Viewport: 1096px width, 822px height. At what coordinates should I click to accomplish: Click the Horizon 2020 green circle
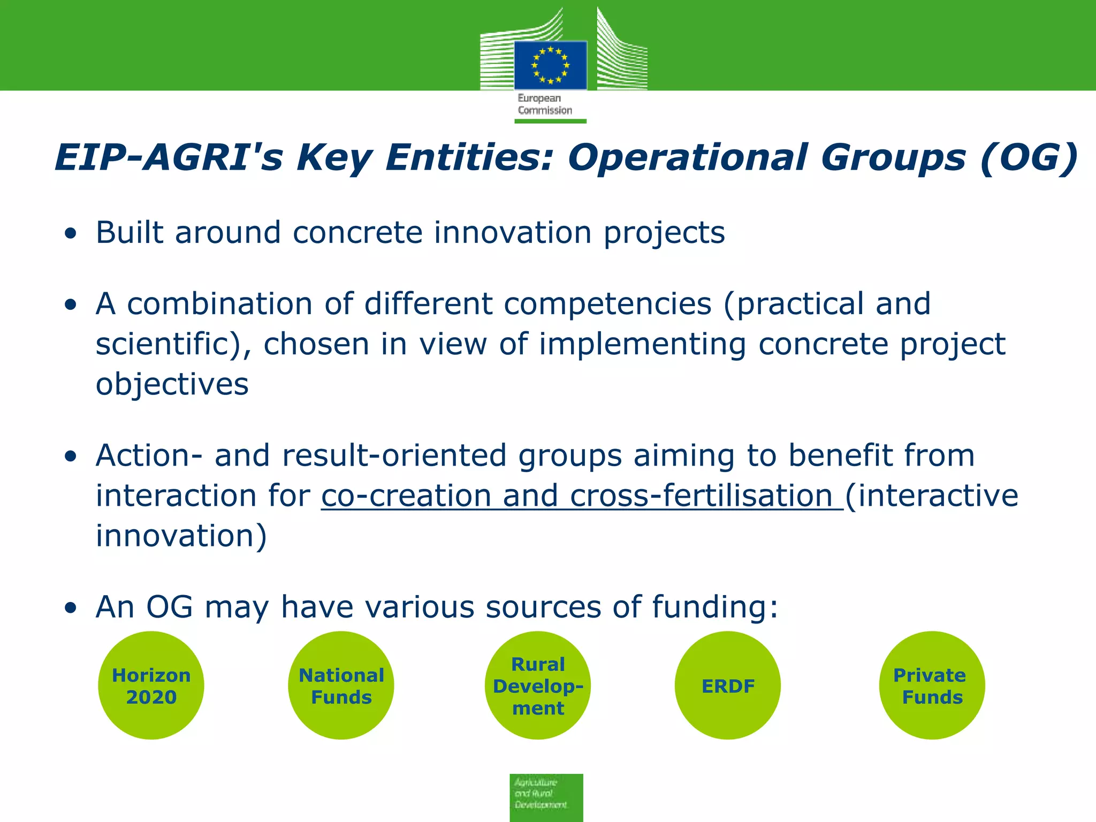coord(151,686)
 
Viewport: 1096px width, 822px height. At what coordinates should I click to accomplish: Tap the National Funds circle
coord(341,686)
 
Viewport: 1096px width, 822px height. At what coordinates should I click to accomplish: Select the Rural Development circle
coord(538,686)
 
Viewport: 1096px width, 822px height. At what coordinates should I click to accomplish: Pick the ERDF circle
coord(728,686)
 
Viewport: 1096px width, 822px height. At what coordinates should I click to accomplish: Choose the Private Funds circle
coord(932,686)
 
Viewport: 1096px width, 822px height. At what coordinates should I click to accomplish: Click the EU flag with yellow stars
coord(550,65)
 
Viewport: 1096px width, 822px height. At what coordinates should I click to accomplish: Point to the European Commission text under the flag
coord(544,104)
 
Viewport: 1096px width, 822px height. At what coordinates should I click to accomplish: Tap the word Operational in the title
coord(688,158)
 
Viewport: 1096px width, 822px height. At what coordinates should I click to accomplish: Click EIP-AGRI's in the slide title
coord(169,158)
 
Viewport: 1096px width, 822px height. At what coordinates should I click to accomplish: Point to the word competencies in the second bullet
coord(607,304)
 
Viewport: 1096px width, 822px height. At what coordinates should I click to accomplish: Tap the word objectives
coord(172,384)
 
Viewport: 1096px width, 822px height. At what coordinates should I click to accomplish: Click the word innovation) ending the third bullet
coord(181,536)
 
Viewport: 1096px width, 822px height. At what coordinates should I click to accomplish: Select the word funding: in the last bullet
coord(714,607)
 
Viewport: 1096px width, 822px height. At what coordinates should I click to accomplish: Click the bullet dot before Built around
coord(70,234)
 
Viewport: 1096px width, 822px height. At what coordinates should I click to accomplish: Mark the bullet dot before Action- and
coord(70,456)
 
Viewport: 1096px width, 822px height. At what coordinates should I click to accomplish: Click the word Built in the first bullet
coord(129,233)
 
